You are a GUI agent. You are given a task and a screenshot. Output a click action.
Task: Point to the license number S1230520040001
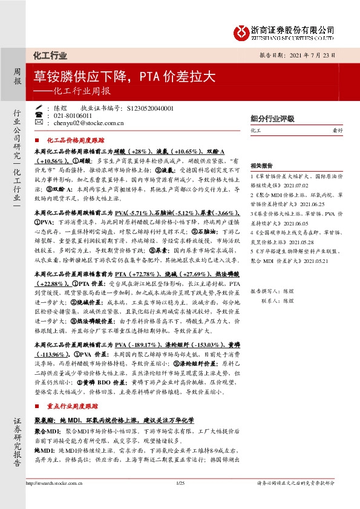pos(151,108)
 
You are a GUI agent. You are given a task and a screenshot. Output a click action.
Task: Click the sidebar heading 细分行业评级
pos(272,118)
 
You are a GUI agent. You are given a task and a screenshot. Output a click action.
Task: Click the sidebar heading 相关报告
pos(261,164)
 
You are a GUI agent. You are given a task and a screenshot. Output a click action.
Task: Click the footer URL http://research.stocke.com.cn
pos(53,501)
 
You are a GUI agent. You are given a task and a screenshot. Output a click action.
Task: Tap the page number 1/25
pos(180,501)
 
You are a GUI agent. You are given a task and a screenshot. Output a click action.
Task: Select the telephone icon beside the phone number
pos(39,115)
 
